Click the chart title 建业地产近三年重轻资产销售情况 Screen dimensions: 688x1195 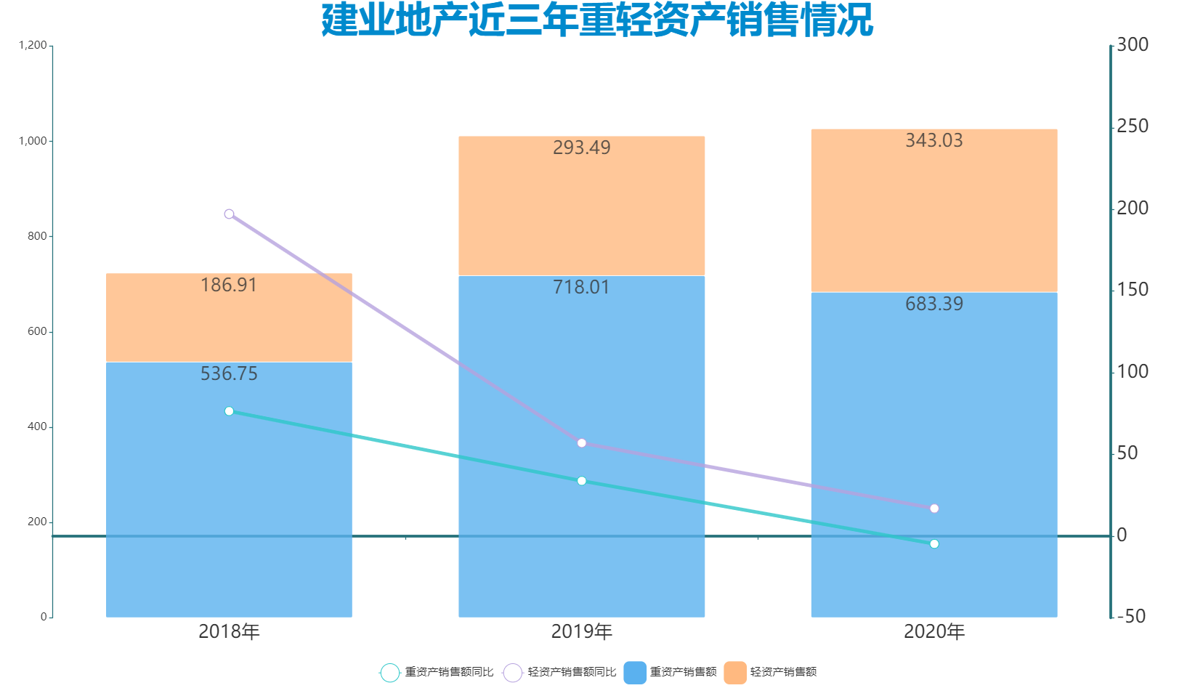[597, 20]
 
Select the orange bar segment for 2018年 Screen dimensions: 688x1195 [229, 317]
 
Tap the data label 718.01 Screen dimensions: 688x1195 [581, 287]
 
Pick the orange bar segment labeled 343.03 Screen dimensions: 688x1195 [933, 211]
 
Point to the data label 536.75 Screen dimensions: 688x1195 [229, 373]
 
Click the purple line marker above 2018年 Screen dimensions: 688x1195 [229, 214]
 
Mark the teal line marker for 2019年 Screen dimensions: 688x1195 [581, 481]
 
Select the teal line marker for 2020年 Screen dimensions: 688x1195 [934, 544]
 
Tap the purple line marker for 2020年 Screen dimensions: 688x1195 [934, 509]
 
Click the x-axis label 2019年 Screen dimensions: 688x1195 [581, 632]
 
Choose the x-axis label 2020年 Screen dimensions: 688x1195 [934, 632]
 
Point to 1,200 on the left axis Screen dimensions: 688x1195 [33, 45]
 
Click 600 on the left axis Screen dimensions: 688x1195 [37, 331]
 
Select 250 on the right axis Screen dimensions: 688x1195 [1133, 126]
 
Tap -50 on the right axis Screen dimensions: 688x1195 [1130, 617]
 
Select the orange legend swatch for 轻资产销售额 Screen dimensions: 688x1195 [735, 672]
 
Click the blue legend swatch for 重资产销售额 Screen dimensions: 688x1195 [635, 672]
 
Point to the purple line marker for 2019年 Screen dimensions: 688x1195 [581, 443]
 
